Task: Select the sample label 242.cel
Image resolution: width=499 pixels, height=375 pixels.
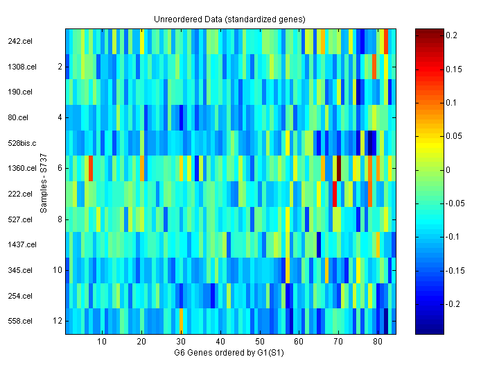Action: (x=19, y=41)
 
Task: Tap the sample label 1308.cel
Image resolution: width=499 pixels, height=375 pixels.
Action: (x=21, y=67)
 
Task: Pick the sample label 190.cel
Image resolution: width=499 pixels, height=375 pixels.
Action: (x=19, y=92)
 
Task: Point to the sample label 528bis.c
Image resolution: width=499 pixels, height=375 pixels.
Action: (x=21, y=143)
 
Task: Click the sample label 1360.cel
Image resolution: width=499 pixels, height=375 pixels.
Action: (x=21, y=168)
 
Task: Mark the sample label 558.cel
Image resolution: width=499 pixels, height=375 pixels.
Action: (x=19, y=321)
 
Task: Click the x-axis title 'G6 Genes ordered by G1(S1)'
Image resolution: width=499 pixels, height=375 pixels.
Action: (x=229, y=353)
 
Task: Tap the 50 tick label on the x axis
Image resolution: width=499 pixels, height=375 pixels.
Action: (x=259, y=342)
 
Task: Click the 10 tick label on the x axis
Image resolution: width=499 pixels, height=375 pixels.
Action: (x=102, y=342)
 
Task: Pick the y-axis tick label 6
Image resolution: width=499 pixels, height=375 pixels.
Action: (x=60, y=168)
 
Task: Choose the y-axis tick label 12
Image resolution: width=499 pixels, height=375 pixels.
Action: (x=58, y=321)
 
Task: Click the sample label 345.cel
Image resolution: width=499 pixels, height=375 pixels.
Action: (x=19, y=270)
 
